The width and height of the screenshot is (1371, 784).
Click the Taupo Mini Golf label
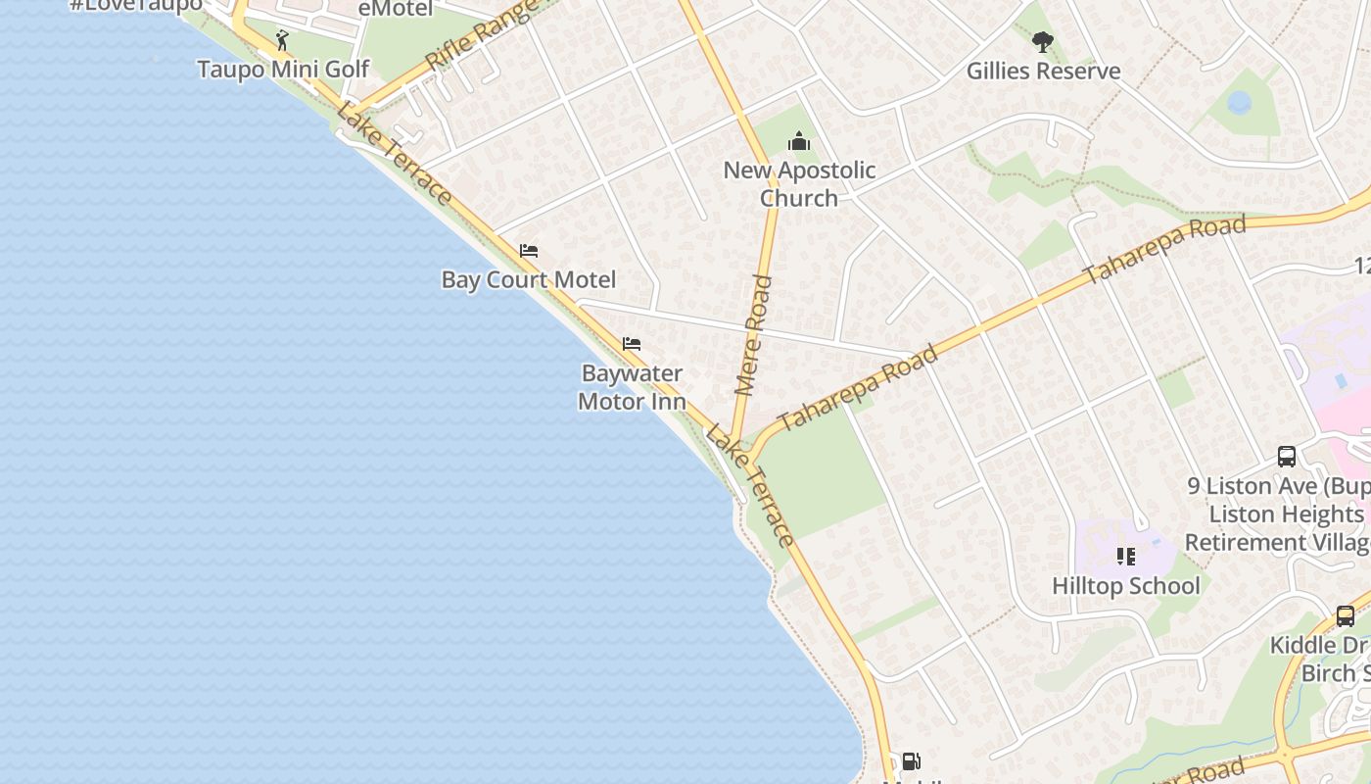pyautogui.click(x=283, y=70)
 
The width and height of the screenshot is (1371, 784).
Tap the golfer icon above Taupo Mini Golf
pyautogui.click(x=282, y=40)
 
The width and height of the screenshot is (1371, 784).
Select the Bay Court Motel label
pyautogui.click(x=529, y=280)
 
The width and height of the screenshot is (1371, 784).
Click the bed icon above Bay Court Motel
pyautogui.click(x=529, y=251)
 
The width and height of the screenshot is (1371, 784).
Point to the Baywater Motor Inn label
pyautogui.click(x=632, y=387)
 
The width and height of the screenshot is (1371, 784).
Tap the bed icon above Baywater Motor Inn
pyautogui.click(x=632, y=344)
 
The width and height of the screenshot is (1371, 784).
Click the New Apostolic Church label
pyautogui.click(x=799, y=184)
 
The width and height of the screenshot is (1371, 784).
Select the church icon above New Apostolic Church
pyautogui.click(x=799, y=142)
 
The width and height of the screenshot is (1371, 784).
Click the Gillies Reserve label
pyautogui.click(x=1043, y=72)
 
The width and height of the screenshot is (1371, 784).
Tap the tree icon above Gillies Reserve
pyautogui.click(x=1042, y=42)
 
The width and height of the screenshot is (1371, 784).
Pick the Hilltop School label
pyautogui.click(x=1125, y=586)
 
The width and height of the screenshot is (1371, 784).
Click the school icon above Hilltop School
pyautogui.click(x=1126, y=557)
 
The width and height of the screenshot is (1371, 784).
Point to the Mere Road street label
pyautogui.click(x=753, y=335)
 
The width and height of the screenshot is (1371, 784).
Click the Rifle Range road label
pyautogui.click(x=482, y=36)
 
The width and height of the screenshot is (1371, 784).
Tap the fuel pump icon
pyautogui.click(x=911, y=761)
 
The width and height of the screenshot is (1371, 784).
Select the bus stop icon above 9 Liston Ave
pyautogui.click(x=1287, y=457)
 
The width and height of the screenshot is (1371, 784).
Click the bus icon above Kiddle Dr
pyautogui.click(x=1346, y=616)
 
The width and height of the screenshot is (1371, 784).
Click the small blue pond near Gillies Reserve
pyautogui.click(x=1239, y=102)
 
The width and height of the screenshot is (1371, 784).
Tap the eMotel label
pyautogui.click(x=396, y=9)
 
